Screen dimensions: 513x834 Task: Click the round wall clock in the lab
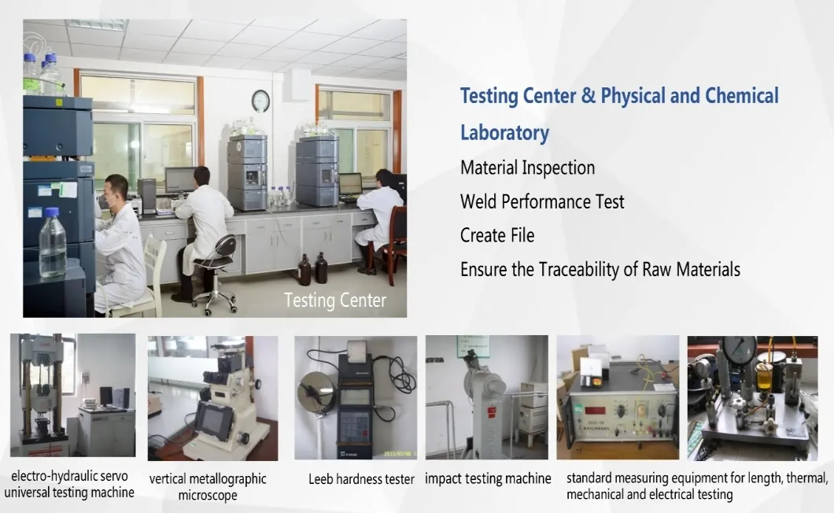tap(260, 100)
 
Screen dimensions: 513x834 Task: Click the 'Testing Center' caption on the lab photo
tap(335, 301)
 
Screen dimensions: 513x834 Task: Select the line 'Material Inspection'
tap(527, 168)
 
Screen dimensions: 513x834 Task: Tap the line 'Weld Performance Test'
tap(542, 201)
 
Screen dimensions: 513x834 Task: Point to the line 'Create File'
tap(497, 235)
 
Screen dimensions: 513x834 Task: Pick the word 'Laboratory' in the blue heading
tap(504, 132)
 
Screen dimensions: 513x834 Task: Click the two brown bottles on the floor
tap(312, 269)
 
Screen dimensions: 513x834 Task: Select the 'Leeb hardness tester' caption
tap(361, 479)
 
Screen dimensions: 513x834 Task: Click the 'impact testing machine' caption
tap(488, 478)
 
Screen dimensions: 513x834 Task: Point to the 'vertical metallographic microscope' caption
tap(208, 487)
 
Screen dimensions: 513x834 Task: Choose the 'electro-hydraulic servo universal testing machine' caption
tap(69, 485)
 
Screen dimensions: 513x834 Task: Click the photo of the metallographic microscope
tap(212, 398)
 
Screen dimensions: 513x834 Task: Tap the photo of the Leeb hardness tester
tap(356, 397)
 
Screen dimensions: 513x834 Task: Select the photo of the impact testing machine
tap(486, 397)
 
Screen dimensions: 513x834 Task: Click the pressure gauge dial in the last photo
tap(740, 349)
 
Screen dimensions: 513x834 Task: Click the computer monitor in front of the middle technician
tap(180, 180)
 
